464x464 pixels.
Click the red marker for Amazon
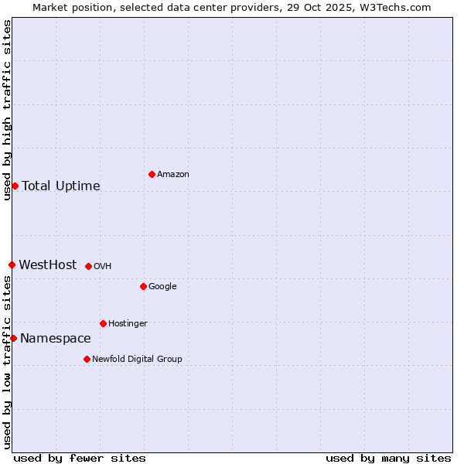(x=152, y=174)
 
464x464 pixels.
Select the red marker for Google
(x=143, y=286)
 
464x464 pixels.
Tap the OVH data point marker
(x=88, y=266)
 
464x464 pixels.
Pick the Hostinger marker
(x=103, y=323)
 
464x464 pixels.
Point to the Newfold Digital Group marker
(x=87, y=359)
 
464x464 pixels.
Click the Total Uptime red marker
(x=15, y=186)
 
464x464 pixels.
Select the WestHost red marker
(x=12, y=264)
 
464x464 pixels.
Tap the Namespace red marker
(x=13, y=338)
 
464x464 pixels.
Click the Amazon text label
(x=172, y=175)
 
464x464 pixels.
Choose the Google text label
(x=162, y=287)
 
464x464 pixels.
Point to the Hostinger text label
(x=128, y=324)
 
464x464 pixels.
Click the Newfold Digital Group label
(x=137, y=360)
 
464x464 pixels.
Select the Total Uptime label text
(x=61, y=186)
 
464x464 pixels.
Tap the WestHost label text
(x=48, y=265)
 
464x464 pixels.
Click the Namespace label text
(x=56, y=339)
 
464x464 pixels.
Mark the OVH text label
(x=103, y=267)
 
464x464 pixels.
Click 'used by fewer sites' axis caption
(x=80, y=458)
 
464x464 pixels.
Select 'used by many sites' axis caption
(x=388, y=458)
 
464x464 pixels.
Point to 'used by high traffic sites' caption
(x=7, y=110)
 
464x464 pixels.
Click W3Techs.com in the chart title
(x=393, y=7)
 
